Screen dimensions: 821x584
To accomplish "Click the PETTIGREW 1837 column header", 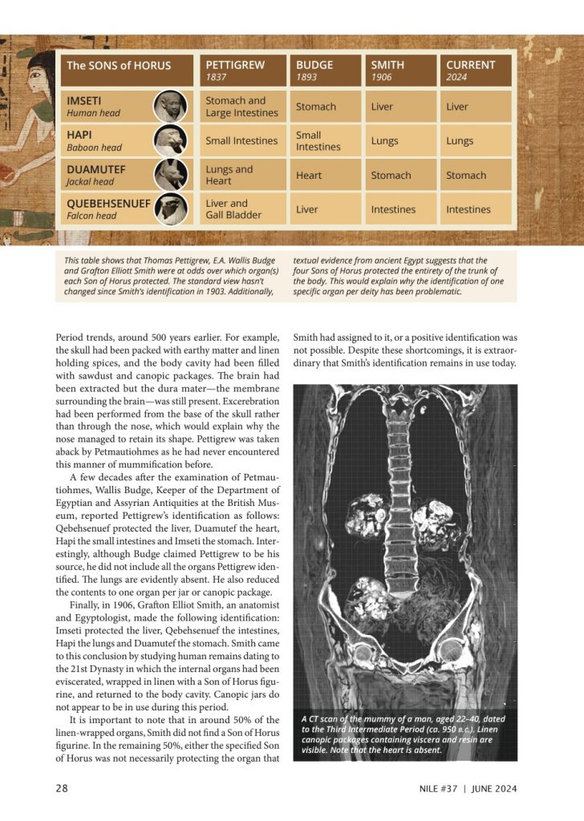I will click(x=241, y=71).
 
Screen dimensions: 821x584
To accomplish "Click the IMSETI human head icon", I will click(x=171, y=107).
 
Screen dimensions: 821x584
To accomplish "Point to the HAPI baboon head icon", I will click(x=171, y=140).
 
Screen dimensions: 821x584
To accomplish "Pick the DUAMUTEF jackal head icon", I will click(x=171, y=175).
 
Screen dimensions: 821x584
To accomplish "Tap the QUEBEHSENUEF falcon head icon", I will click(x=171, y=208).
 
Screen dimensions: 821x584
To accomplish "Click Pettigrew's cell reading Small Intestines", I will click(x=241, y=141).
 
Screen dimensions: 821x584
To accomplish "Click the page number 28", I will click(x=62, y=789).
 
